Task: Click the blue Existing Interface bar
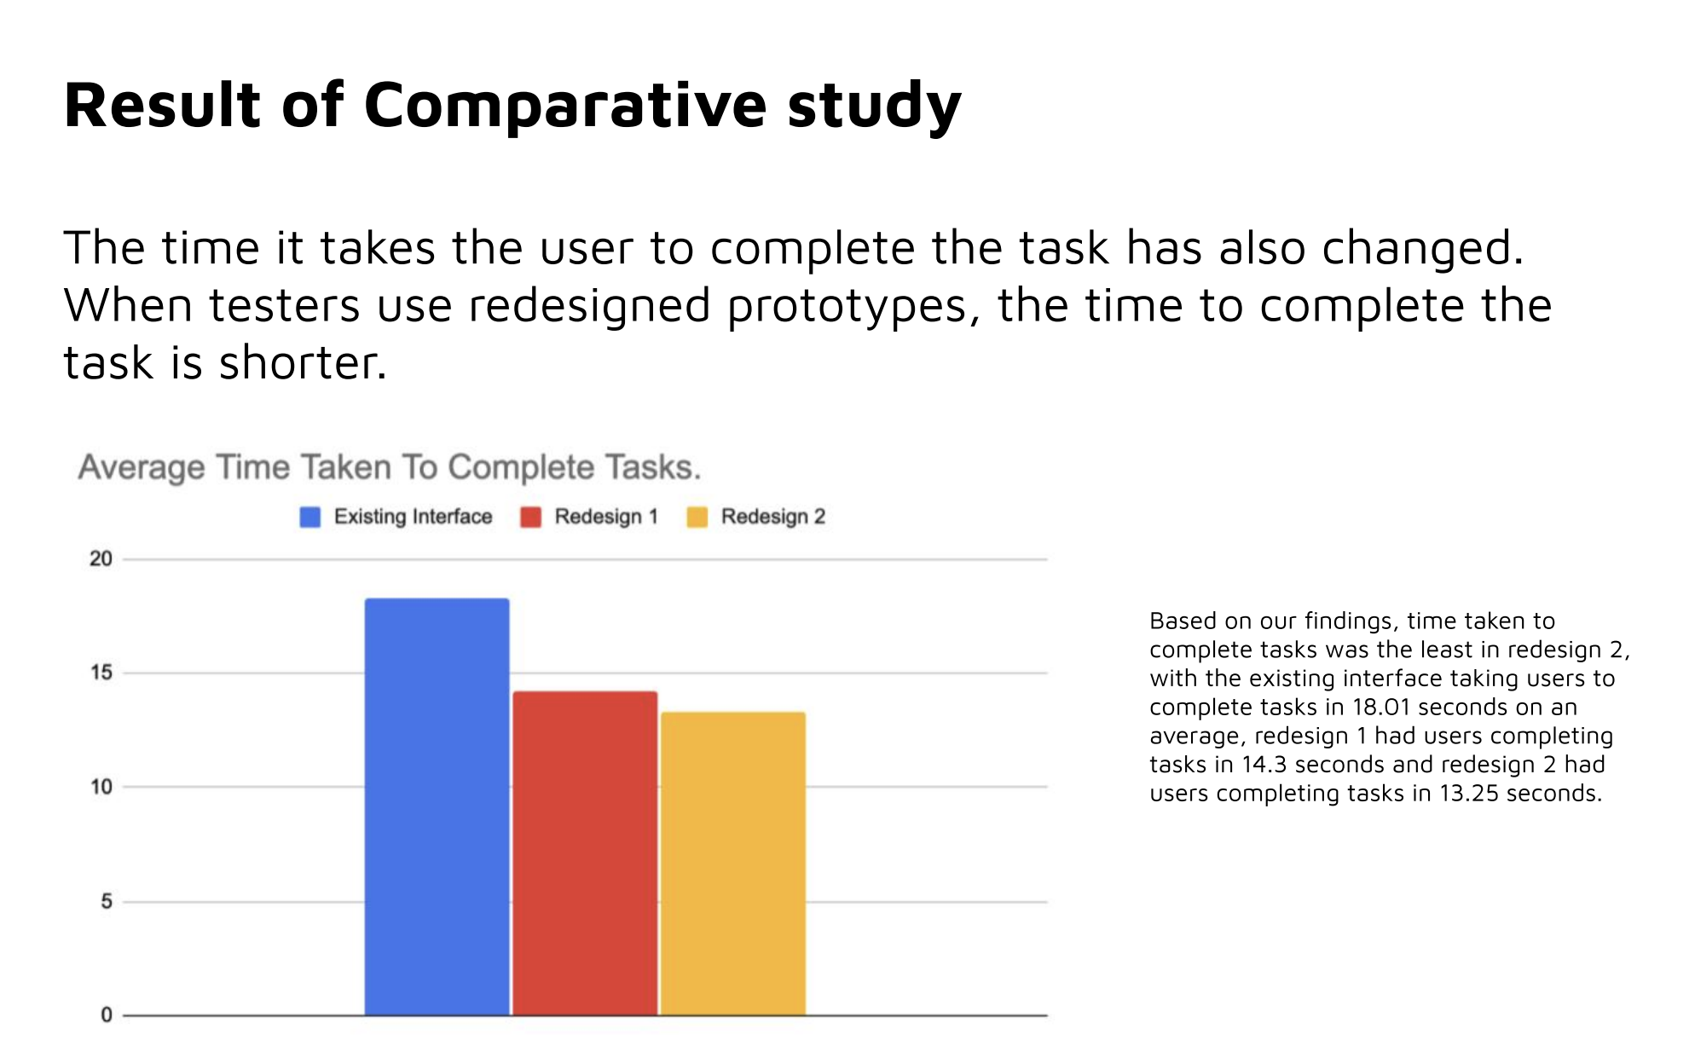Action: (x=437, y=806)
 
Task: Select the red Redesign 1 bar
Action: (x=585, y=852)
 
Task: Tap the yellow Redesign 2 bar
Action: (x=733, y=864)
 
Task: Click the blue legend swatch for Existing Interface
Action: (x=310, y=517)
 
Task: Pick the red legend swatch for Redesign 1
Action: (x=531, y=517)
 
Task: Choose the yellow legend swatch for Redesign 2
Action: (x=697, y=517)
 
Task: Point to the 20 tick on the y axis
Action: (x=101, y=559)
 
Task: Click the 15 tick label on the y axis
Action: (x=101, y=673)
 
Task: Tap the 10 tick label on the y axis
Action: (x=101, y=787)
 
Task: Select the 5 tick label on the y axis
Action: (x=107, y=901)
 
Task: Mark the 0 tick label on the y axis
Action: (x=107, y=1015)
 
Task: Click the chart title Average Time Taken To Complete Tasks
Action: (x=390, y=468)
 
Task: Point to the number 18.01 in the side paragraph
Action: (x=1381, y=707)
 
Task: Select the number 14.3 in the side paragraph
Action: (x=1264, y=765)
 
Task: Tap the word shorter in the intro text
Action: (x=303, y=363)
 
